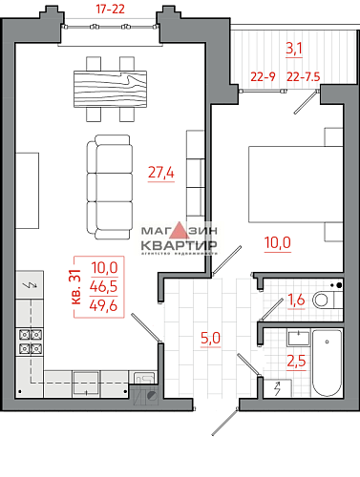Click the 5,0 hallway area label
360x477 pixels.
coord(209,337)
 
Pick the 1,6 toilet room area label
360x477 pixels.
coord(296,301)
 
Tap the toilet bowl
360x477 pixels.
coord(326,300)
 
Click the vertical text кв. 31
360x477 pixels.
coord(76,285)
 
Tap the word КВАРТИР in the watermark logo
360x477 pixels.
coord(179,244)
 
